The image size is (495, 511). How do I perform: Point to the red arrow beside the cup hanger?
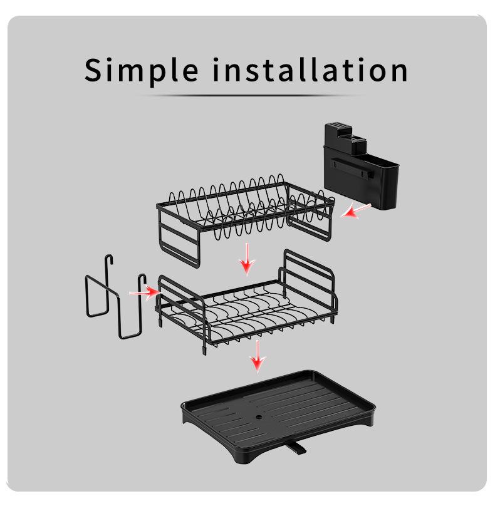pyautogui.click(x=143, y=292)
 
